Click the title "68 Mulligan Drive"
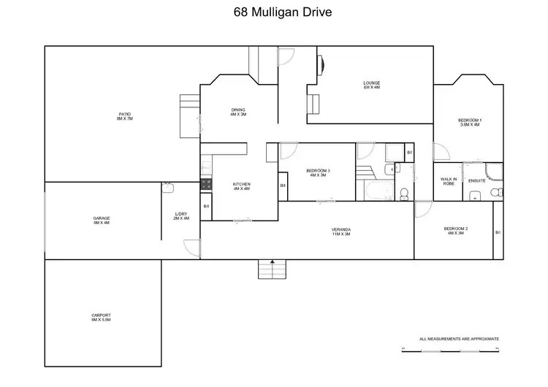pyautogui.click(x=274, y=12)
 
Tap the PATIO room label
pyautogui.click(x=124, y=115)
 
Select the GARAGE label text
pyautogui.click(x=101, y=220)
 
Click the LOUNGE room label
pyautogui.click(x=372, y=85)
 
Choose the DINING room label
pyautogui.click(x=238, y=112)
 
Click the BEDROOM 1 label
pyautogui.click(x=470, y=122)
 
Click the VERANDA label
pyautogui.click(x=342, y=231)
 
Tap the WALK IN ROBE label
pyautogui.click(x=449, y=182)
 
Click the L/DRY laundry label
pyautogui.click(x=181, y=216)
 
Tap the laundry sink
pyautogui.click(x=167, y=188)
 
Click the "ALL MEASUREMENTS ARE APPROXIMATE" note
pyautogui.click(x=459, y=339)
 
